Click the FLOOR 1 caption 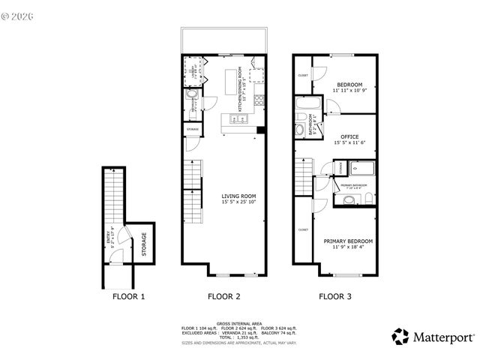[128, 296]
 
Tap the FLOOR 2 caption [223, 296]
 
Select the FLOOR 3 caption [334, 296]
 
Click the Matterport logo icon [401, 336]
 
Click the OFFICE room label [349, 136]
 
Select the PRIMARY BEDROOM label [348, 241]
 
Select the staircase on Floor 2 [193, 187]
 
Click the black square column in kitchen [260, 130]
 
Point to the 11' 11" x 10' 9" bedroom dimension [349, 91]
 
